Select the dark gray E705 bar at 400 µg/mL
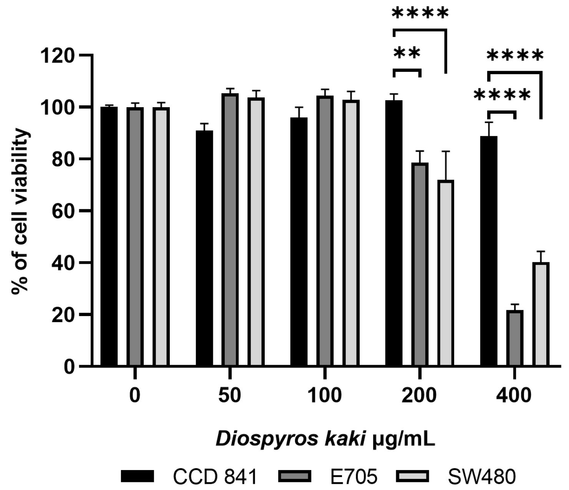pos(515,338)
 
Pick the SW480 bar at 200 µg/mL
pos(446,273)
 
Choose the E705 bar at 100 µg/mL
pos(325,230)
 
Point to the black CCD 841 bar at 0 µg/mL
pos(109,236)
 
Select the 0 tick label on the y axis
pos(69,367)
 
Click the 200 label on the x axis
pos(419,395)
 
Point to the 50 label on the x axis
pos(229,395)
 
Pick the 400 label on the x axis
pos(514,395)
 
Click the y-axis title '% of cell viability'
pos(20,212)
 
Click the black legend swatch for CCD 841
pos(138,476)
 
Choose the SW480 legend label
pos(482,477)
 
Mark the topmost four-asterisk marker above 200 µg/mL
pos(420,14)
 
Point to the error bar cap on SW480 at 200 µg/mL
pos(446,152)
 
